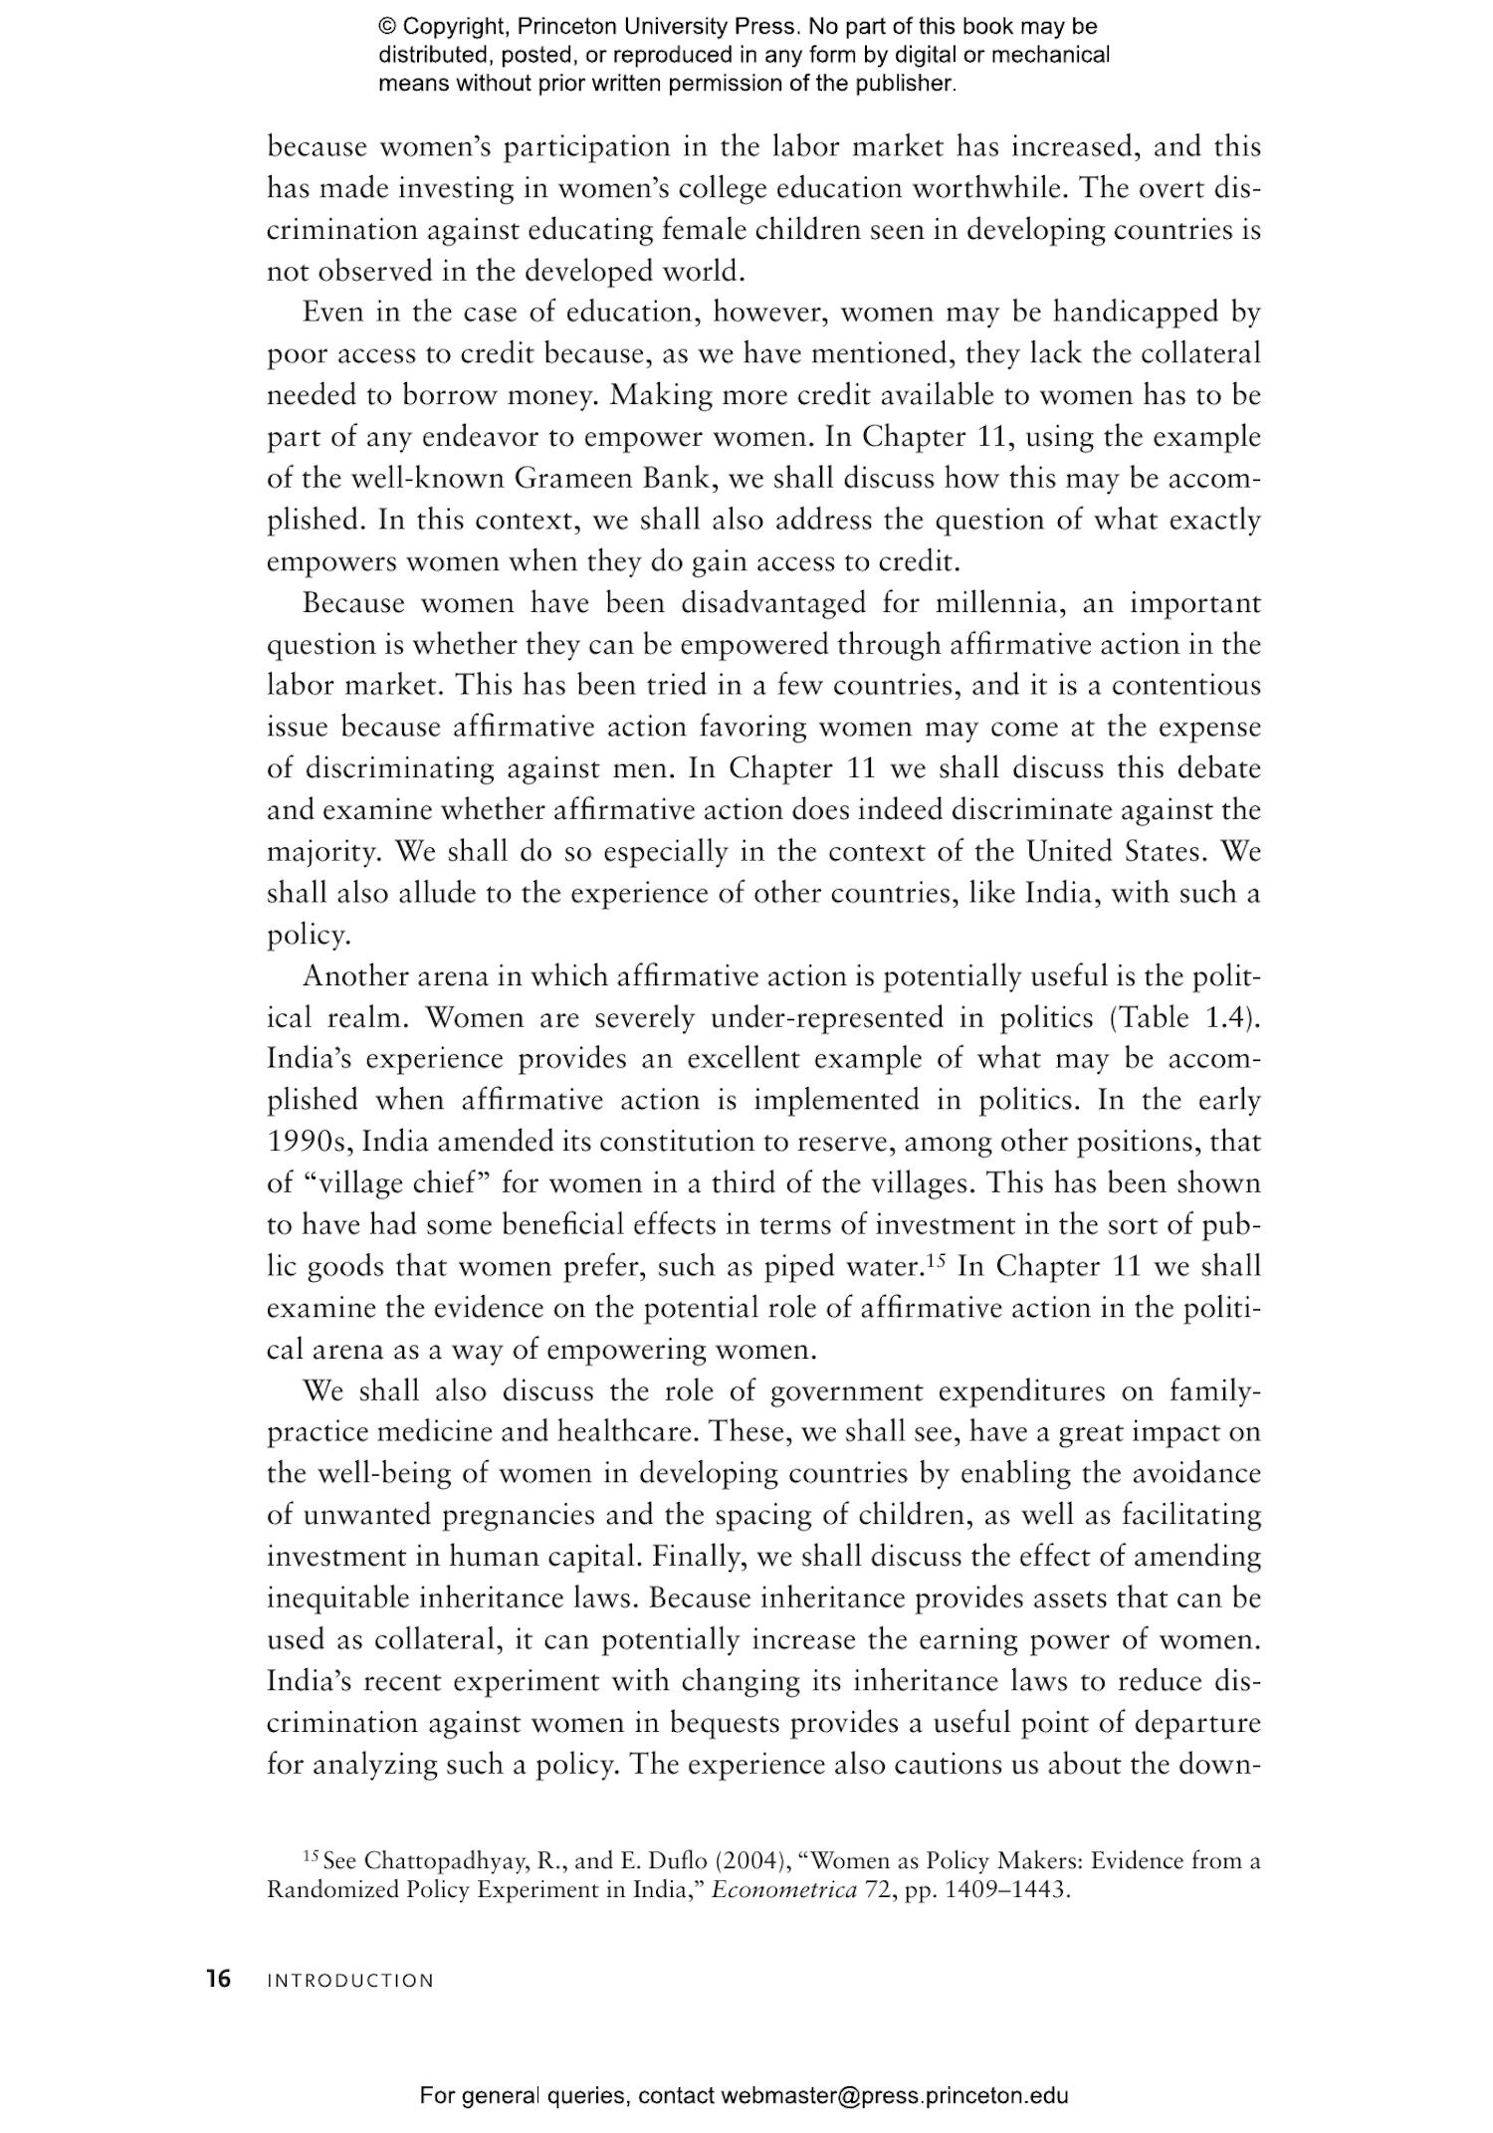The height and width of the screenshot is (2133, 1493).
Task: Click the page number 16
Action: pos(218,1979)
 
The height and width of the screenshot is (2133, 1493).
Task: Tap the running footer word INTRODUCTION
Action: pos(350,1981)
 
